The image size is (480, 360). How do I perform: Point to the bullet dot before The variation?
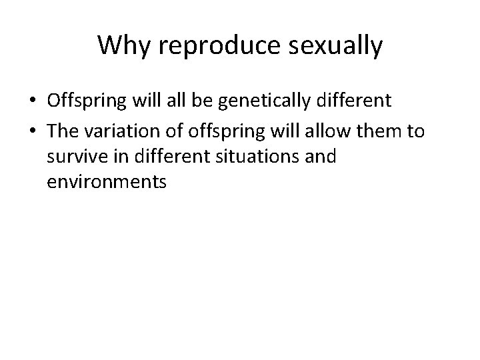pos(33,131)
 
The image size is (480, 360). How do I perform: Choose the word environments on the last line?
pos(106,181)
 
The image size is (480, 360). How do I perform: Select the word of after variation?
pos(160,131)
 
